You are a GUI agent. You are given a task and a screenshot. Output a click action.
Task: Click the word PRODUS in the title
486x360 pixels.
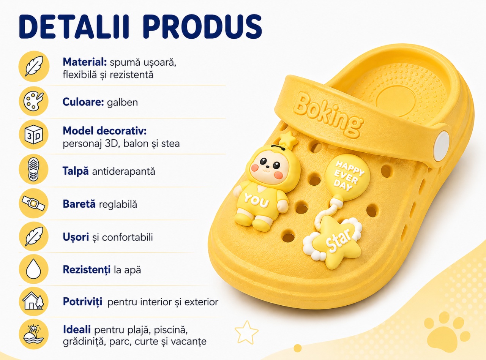point(202,27)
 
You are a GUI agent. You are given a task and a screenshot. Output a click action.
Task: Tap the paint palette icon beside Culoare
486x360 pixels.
point(34,101)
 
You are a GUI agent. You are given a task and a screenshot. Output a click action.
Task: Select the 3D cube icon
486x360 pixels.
point(34,134)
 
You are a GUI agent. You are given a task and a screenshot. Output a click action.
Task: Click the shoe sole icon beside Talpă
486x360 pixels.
point(34,169)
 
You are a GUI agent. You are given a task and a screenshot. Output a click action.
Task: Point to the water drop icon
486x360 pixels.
point(34,269)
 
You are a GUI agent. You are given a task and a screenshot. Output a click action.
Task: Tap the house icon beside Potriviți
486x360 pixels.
point(34,302)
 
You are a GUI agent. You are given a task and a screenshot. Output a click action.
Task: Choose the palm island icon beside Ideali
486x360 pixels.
point(34,334)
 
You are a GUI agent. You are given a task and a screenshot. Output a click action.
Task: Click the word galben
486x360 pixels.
point(123,103)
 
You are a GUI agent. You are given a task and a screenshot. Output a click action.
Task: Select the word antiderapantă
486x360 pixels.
point(123,171)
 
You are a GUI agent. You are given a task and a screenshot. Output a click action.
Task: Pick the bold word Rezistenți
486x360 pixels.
point(87,270)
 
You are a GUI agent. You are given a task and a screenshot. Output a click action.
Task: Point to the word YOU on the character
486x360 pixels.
point(256,200)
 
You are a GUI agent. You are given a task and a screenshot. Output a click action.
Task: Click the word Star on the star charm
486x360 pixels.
point(339,240)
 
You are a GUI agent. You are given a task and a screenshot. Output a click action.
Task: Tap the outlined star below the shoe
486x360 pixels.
point(246,332)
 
